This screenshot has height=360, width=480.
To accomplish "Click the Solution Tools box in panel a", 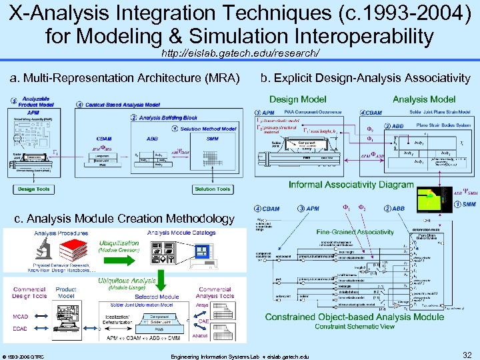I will (213, 189).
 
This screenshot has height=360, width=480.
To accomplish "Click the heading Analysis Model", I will (423, 99).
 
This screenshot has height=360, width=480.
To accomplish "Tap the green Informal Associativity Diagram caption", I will (351, 185).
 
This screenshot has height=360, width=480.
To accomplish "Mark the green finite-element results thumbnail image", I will (440, 197).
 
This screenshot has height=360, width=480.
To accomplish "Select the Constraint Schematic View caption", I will (354, 326).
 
